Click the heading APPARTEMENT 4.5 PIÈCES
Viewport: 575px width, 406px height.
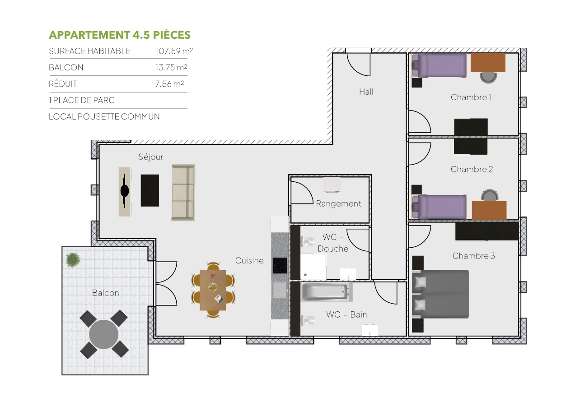(x=119, y=35)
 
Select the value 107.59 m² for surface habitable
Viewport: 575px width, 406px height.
(x=174, y=51)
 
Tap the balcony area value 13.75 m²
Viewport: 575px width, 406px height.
(x=171, y=68)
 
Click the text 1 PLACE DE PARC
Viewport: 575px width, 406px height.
(x=82, y=100)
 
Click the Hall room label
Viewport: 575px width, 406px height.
(x=366, y=92)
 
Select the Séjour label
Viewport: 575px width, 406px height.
(x=150, y=157)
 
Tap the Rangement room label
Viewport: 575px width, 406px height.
(x=338, y=204)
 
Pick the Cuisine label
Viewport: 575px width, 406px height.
(x=249, y=261)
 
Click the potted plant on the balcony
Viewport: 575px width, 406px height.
(x=73, y=260)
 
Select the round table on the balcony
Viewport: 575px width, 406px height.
(x=104, y=334)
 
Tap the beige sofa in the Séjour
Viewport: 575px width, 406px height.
(x=183, y=192)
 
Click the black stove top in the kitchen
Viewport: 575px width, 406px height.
(x=280, y=266)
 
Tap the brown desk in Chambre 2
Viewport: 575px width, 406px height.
(x=489, y=210)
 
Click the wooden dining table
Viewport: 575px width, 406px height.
(x=213, y=290)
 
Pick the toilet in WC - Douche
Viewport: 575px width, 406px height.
(x=309, y=242)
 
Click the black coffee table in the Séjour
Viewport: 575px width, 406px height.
(x=150, y=190)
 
